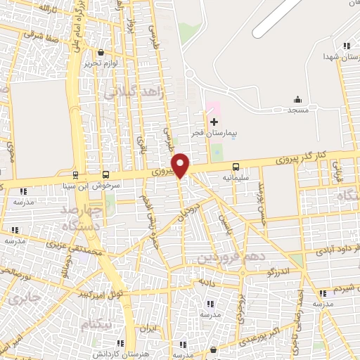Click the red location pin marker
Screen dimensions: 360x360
[181, 165]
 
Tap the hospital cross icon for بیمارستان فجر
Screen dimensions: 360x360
[214, 122]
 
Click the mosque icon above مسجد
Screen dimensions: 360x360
[297, 99]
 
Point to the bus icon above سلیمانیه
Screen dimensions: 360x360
[236, 167]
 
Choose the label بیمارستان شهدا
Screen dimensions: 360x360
[342, 56]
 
